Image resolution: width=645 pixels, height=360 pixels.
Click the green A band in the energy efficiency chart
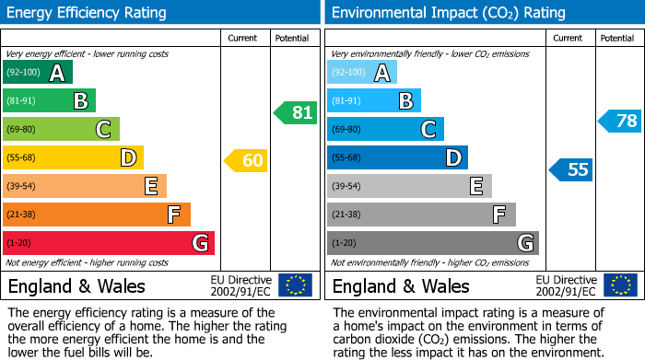37,73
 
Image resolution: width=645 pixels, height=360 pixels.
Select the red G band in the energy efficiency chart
108,243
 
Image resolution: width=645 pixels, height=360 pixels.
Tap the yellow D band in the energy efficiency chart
73,158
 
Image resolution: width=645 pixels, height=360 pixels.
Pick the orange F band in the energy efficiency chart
96,215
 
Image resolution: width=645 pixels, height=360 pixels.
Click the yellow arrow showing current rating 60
246,161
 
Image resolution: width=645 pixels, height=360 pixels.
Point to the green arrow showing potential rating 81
295,113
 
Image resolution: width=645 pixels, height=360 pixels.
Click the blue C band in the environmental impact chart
385,130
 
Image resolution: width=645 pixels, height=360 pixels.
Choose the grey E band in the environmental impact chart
409,187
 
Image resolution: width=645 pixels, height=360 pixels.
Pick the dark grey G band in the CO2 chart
432,243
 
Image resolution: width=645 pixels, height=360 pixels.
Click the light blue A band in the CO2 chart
361,73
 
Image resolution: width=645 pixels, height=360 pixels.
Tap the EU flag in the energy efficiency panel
295,285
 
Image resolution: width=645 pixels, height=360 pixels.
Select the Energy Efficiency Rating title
88,13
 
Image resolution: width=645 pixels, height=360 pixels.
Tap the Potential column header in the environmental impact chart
617,38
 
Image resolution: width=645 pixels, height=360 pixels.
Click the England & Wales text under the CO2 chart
401,285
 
